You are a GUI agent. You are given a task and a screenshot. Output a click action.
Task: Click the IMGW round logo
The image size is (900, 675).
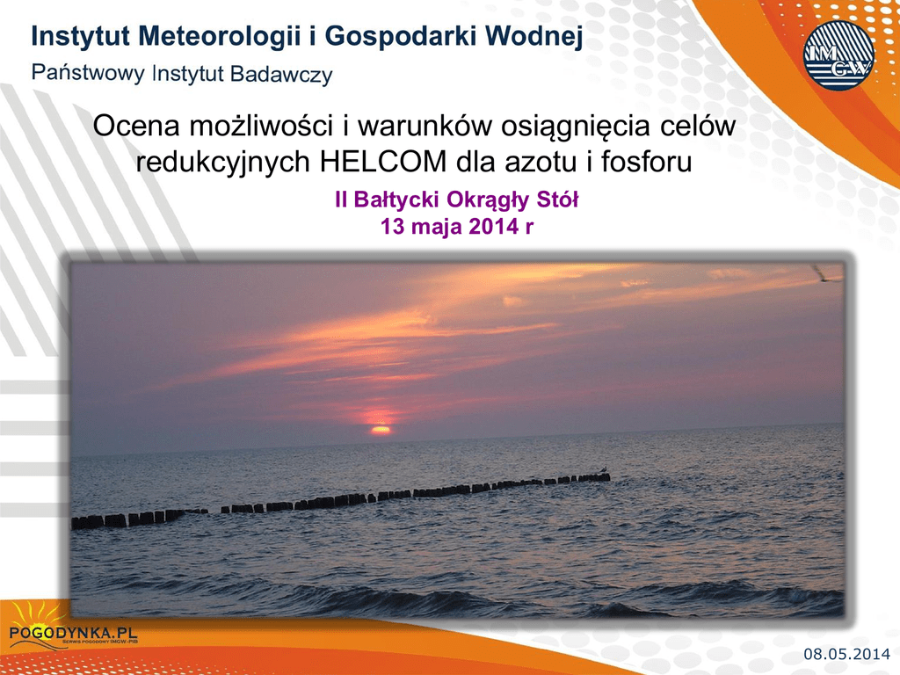[838, 55]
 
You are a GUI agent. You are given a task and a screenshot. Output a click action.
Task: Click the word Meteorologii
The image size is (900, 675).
[219, 37]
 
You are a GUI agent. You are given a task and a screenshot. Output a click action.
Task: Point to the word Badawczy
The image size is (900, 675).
[281, 75]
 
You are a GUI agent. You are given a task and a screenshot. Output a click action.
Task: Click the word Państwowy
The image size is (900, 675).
[88, 74]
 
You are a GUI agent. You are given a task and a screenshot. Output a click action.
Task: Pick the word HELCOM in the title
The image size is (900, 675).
[383, 162]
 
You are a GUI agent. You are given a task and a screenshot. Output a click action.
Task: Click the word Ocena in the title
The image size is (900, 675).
[136, 126]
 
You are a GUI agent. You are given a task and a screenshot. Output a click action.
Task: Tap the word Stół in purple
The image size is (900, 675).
[556, 200]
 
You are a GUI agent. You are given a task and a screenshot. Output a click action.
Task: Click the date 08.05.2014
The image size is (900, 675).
[846, 654]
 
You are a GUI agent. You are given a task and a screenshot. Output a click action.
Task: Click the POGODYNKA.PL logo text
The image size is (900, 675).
[74, 632]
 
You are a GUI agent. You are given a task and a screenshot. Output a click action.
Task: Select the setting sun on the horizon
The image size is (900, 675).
[380, 428]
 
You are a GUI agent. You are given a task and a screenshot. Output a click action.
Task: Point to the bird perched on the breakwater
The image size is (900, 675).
[603, 470]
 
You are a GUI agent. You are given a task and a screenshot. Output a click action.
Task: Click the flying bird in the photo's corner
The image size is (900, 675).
[826, 274]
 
